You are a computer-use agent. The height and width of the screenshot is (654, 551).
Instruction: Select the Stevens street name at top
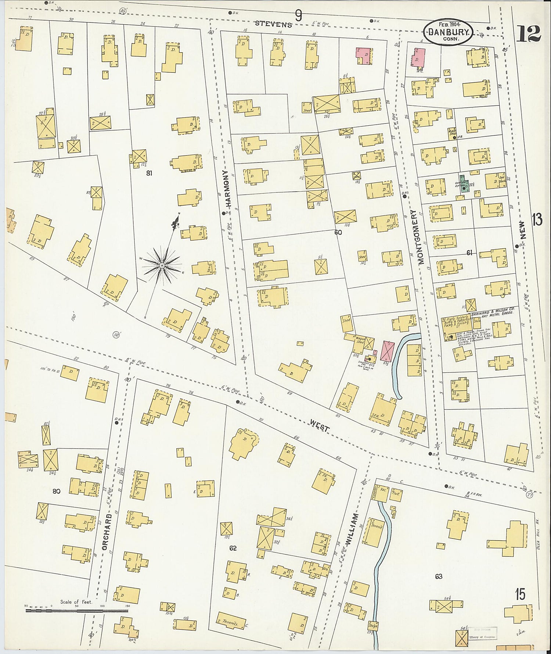(x=274, y=24)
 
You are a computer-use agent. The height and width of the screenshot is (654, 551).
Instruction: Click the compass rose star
(x=162, y=265)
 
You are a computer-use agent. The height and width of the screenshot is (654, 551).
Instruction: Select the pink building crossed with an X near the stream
(x=388, y=350)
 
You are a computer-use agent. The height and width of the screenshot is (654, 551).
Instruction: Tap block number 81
(x=149, y=173)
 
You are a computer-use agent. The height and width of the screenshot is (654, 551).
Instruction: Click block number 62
(x=233, y=548)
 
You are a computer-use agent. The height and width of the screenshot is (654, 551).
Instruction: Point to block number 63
(x=439, y=576)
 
